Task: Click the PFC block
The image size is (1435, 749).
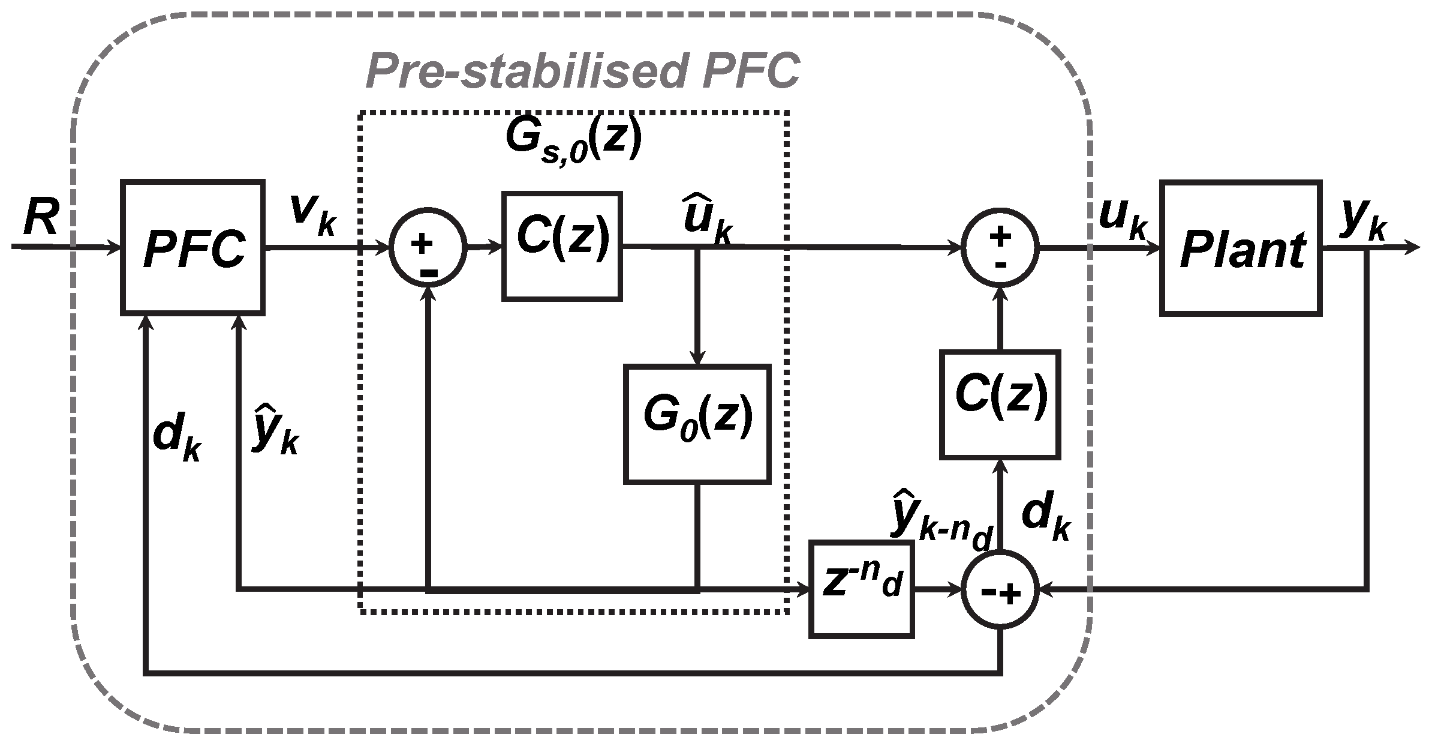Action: pos(192,247)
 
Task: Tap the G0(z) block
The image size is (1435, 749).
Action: pos(697,423)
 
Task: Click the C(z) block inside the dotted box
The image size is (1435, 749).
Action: pos(562,245)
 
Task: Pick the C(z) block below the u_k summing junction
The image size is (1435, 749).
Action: pos(1000,404)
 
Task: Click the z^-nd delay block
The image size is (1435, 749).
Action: pos(861,588)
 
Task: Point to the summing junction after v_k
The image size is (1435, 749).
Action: pos(428,247)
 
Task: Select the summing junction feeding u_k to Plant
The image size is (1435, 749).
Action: pos(1000,247)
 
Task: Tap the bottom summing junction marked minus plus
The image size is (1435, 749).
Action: pos(1000,591)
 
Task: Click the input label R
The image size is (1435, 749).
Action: pos(41,219)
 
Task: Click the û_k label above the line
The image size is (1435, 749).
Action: pos(707,225)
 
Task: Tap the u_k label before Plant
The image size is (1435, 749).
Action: pos(1122,220)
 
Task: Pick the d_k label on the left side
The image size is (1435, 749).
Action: pos(178,440)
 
